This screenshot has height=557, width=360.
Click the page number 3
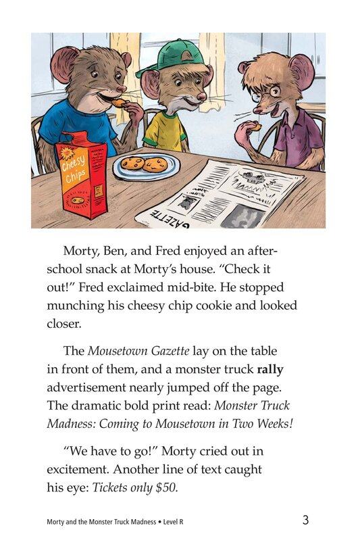[x=305, y=520]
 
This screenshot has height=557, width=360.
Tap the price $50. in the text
[x=163, y=487]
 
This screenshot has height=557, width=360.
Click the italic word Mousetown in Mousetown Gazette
[x=120, y=352]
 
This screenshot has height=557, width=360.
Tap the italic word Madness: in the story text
[x=74, y=424]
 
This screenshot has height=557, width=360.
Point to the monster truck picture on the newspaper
[x=254, y=179]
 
